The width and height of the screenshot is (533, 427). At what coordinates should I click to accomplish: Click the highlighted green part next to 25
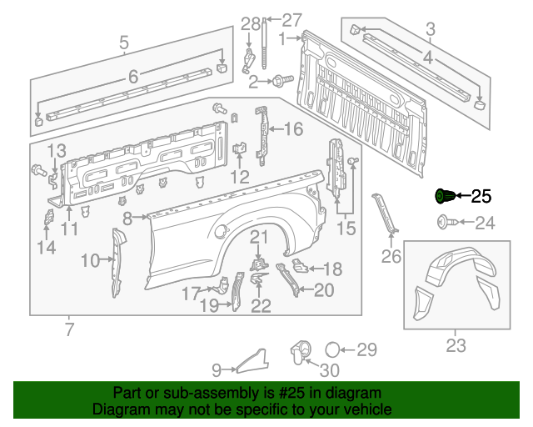(x=445, y=197)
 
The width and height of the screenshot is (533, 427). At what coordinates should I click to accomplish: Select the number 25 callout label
(x=481, y=198)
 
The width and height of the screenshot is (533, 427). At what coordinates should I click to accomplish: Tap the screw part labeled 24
(x=443, y=222)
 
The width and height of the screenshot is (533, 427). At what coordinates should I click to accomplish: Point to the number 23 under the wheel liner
(x=456, y=344)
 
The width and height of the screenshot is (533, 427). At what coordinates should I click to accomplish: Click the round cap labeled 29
(x=331, y=349)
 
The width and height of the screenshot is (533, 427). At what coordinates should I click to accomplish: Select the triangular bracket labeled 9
(x=252, y=359)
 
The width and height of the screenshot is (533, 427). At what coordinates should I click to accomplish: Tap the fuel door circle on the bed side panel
(x=219, y=231)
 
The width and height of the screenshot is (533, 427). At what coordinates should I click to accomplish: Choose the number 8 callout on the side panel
(x=127, y=219)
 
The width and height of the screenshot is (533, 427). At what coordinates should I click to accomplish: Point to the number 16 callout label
(x=294, y=129)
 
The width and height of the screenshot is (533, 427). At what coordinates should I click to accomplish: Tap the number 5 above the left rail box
(x=124, y=42)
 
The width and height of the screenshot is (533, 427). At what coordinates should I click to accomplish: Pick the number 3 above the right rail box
(x=430, y=31)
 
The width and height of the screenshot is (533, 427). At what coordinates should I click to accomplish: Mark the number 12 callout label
(x=239, y=177)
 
